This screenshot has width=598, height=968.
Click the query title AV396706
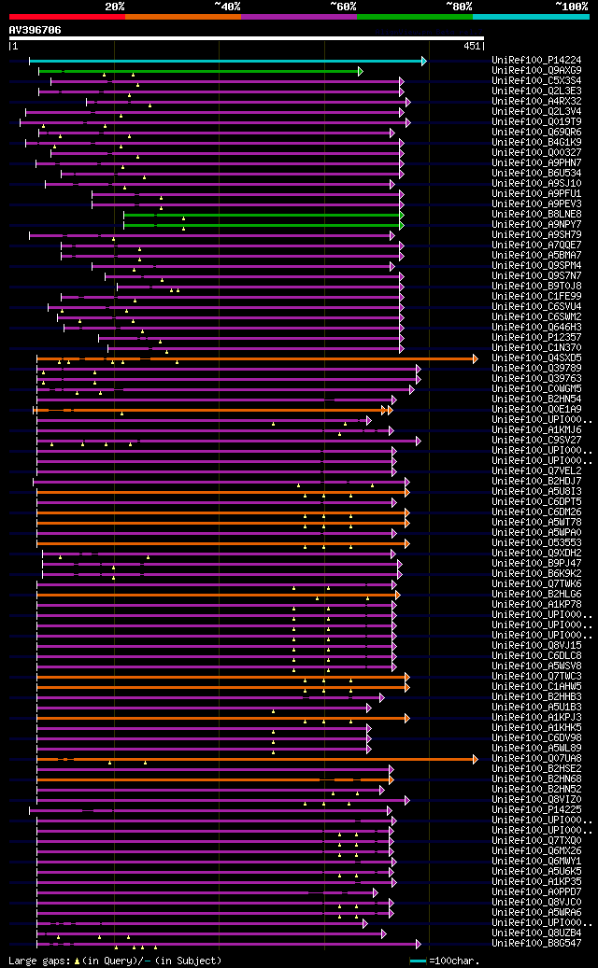click(x=35, y=30)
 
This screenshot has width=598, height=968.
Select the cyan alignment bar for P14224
click(x=224, y=61)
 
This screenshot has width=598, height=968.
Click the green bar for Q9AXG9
click(x=196, y=71)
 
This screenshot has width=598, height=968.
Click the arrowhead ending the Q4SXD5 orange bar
click(x=476, y=358)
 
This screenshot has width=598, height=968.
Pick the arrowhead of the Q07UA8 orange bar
click(x=476, y=759)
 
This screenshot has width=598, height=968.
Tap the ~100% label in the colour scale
click(x=572, y=7)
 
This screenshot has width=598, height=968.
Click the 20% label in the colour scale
click(x=115, y=7)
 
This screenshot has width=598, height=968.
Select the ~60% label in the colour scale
click(x=343, y=7)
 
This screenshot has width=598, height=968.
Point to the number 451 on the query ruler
click(x=472, y=46)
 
